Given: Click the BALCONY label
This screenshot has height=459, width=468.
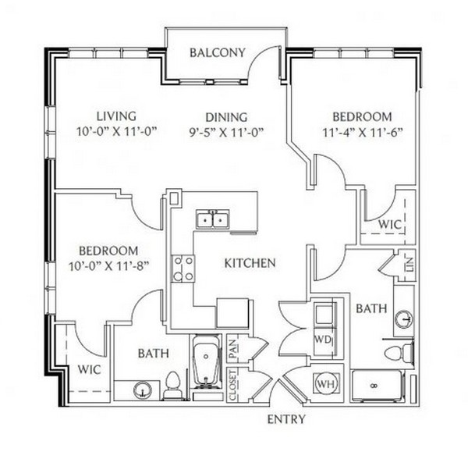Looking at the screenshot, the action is coord(218,52).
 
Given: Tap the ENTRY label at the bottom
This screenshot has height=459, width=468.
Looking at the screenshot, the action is coord(286,419).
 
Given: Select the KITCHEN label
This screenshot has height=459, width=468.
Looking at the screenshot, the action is coord(250,263).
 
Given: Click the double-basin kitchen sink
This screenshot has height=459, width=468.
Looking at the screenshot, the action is coord(213,219).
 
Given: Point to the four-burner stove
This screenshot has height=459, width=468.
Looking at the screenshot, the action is coord(183,269).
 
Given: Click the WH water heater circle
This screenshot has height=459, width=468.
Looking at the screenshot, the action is coord(326,384).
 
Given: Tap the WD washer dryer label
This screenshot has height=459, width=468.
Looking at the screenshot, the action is coord(323,340).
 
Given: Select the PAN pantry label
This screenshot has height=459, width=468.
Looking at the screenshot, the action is coord(232,349).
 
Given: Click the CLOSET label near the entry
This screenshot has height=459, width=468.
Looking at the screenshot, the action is coord(232,386).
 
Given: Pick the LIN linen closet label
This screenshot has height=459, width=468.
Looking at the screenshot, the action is coord(409,264).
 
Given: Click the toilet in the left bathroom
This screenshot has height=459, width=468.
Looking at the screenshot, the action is coord(172,386).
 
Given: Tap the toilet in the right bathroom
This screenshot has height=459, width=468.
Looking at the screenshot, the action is coord(399,353).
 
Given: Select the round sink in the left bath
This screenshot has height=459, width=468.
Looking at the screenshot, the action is coord(143,390).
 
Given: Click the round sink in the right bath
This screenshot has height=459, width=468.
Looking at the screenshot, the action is coord(404,319).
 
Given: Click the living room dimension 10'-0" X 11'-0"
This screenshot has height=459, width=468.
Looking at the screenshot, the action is coord(117,131).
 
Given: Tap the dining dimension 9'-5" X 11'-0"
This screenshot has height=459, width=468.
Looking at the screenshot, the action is coord(226,132).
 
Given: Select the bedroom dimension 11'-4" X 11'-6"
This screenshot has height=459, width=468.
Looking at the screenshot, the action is coord(363,132).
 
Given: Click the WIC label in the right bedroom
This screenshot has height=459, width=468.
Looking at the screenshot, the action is coord(389,224).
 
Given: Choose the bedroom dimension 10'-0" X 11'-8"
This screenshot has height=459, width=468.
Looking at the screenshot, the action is coord(109,265).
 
